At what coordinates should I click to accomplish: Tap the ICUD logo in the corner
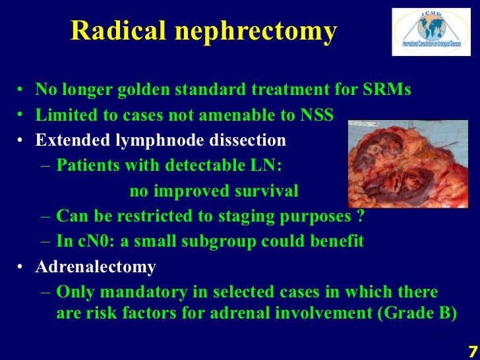coord(431,32)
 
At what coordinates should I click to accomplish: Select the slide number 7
coord(472,349)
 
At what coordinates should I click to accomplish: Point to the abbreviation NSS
coord(316,116)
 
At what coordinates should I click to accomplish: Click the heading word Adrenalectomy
coord(96,267)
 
